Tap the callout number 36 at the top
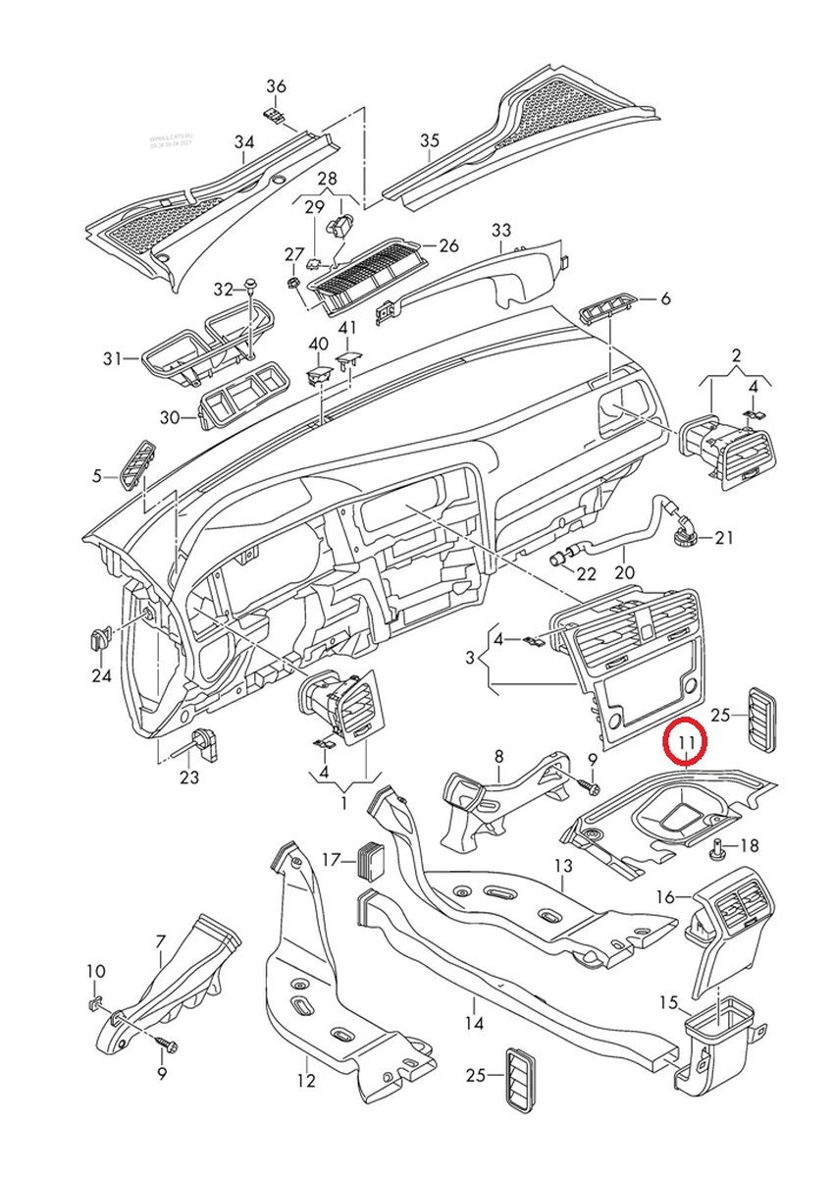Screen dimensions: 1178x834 276,86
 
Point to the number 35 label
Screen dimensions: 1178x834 430,141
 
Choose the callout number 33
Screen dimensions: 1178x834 501,230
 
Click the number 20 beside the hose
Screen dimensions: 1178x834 625,572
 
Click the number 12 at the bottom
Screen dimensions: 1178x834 306,1081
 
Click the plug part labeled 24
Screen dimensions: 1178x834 99,639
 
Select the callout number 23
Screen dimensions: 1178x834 189,777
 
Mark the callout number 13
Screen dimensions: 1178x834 562,867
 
